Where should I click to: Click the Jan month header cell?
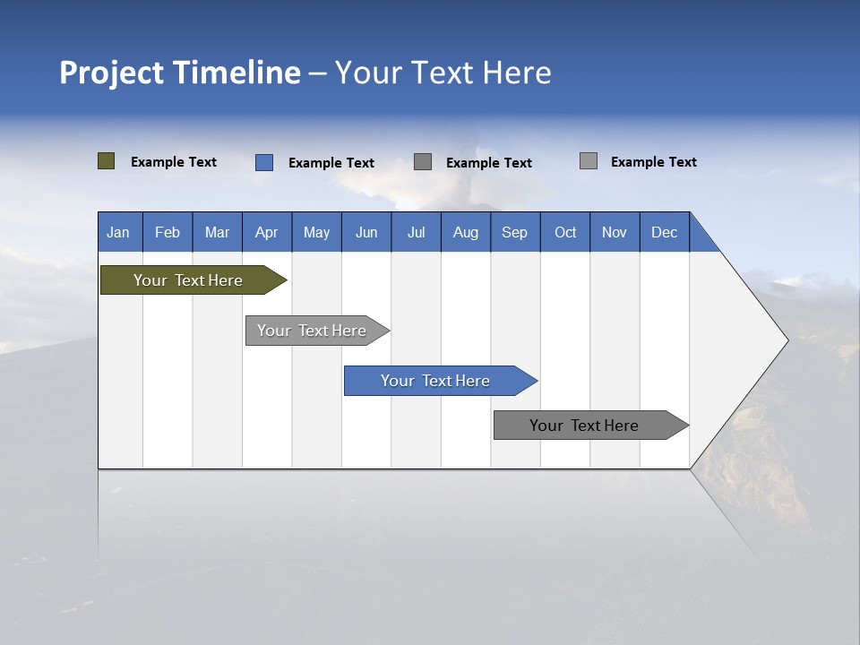pos(119,232)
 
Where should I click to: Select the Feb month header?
pos(168,232)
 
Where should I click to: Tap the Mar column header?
pos(217,232)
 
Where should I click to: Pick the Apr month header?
pos(266,232)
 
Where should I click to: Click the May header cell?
pos(316,232)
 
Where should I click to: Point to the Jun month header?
pos(366,232)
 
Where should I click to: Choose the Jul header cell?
pos(416,232)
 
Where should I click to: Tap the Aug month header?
pos(466,232)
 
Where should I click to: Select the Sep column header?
pos(514,232)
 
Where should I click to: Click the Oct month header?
pos(565,232)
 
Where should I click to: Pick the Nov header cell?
pos(615,232)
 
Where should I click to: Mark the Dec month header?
pos(664,232)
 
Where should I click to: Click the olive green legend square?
pos(106,161)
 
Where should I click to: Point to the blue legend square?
pos(263,162)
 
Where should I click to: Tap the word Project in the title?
pos(111,73)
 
